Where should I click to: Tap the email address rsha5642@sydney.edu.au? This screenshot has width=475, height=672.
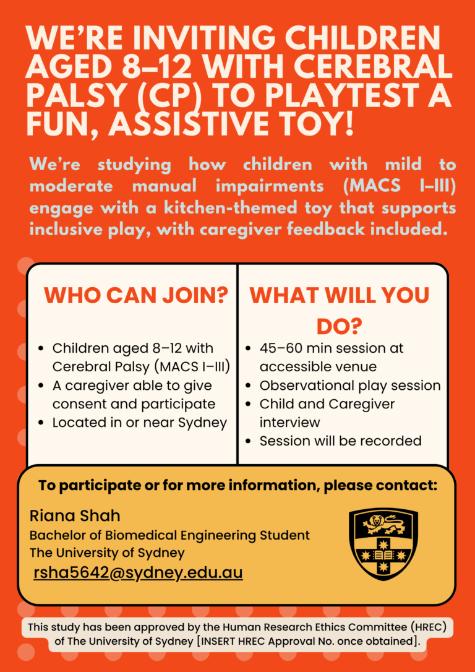138,572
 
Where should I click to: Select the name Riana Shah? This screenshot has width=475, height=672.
75,515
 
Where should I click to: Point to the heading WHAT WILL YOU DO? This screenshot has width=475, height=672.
340,310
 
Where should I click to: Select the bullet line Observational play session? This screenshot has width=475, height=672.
350,386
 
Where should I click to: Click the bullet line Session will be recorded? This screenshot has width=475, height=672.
340,441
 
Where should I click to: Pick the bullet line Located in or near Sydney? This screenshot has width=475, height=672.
140,423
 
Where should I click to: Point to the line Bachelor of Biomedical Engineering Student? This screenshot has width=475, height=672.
169,535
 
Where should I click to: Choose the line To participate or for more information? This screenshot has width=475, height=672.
237,486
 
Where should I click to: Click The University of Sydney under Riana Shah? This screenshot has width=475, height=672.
107,553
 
